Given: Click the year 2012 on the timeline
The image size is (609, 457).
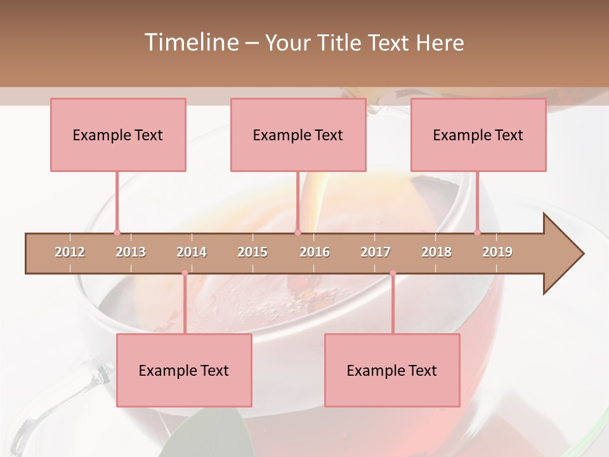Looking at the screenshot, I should [70, 252].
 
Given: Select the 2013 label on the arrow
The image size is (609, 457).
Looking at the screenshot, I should [131, 252].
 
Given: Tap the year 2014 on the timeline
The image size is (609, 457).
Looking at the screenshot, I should [192, 252].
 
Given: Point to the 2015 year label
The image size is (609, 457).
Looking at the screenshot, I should [252, 252].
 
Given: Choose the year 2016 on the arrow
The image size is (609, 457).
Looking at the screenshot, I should [315, 252].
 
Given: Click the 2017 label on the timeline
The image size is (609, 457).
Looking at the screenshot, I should [376, 252].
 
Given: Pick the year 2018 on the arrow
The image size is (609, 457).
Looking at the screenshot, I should [436, 252].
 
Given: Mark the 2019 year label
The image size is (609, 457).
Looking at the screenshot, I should [497, 252].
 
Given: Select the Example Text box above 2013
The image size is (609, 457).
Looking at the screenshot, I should [118, 135].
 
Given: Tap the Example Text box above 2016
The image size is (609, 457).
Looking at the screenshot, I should [298, 135].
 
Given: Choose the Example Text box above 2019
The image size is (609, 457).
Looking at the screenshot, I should [478, 135].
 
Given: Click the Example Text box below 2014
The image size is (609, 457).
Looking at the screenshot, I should [184, 371].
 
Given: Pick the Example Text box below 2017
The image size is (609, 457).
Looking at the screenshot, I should [392, 371].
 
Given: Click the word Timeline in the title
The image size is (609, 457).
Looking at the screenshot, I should [190, 43].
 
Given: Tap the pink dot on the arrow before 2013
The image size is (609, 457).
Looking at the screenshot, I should [117, 232].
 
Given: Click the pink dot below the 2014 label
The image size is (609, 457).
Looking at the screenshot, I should [185, 273].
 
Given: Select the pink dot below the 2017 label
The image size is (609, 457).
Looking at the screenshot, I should [393, 273].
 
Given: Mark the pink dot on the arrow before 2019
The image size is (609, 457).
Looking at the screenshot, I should [478, 232].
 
